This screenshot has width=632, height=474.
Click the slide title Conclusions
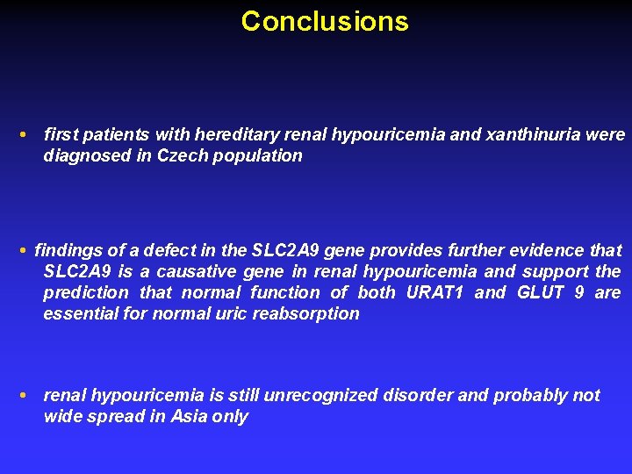point(325,21)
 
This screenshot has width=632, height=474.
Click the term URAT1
point(434,292)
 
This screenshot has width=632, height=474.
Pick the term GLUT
point(536,292)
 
